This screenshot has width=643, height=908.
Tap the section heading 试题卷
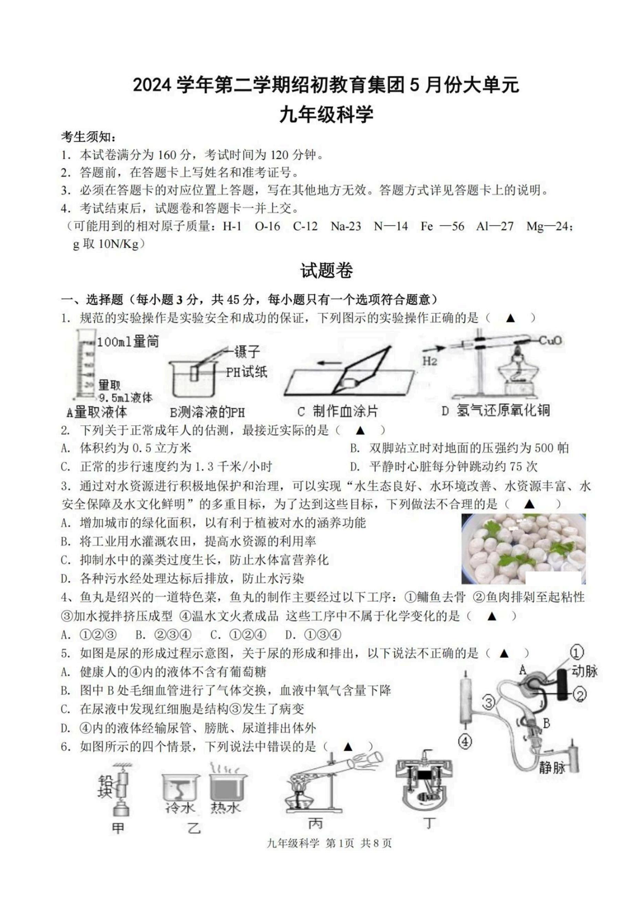tap(326, 271)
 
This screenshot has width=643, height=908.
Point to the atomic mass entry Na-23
tap(346, 226)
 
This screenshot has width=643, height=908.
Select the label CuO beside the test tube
tap(551, 340)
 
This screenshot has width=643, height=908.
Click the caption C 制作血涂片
tap(337, 411)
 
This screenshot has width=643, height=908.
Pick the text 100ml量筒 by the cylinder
tap(127, 342)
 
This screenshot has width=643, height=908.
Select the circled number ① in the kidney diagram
tap(577, 652)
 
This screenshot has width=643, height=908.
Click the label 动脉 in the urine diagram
tap(584, 671)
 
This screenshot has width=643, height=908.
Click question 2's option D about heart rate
tap(444, 467)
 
